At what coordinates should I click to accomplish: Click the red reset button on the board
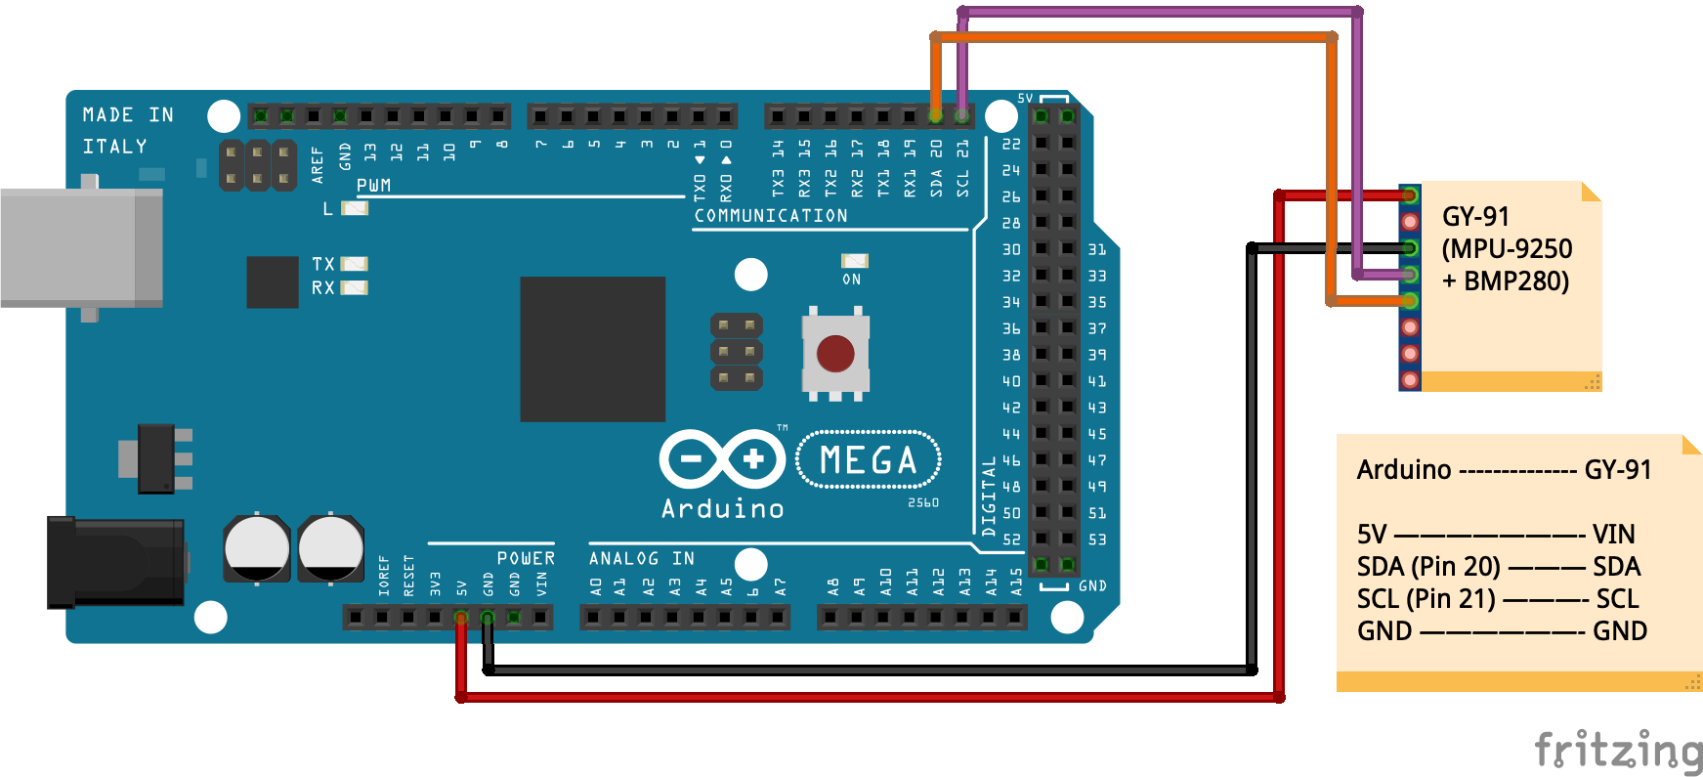tap(835, 353)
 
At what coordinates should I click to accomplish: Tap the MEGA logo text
tap(869, 459)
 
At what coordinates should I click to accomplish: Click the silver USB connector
tap(82, 247)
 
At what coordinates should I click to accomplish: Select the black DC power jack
tap(116, 562)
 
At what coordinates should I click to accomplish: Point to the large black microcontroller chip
tap(592, 349)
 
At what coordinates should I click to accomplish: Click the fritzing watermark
tap(1617, 751)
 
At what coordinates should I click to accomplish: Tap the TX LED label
tap(323, 264)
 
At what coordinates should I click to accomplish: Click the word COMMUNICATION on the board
tap(771, 216)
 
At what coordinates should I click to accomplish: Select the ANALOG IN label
tap(641, 558)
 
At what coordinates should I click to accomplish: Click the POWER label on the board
tap(526, 558)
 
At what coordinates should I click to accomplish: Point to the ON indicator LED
tap(854, 261)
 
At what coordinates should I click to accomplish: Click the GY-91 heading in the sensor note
tap(1475, 216)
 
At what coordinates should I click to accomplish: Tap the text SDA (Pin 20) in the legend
tap(1427, 567)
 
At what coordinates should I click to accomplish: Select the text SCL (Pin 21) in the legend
tap(1426, 599)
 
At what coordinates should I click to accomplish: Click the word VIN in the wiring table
tap(1613, 535)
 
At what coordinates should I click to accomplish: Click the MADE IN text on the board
tap(128, 115)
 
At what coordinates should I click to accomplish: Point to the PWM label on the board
tap(373, 186)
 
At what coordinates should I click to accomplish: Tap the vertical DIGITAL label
tap(989, 496)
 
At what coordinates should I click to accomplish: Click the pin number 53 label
tap(1097, 540)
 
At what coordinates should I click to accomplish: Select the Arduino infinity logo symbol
tap(722, 458)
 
